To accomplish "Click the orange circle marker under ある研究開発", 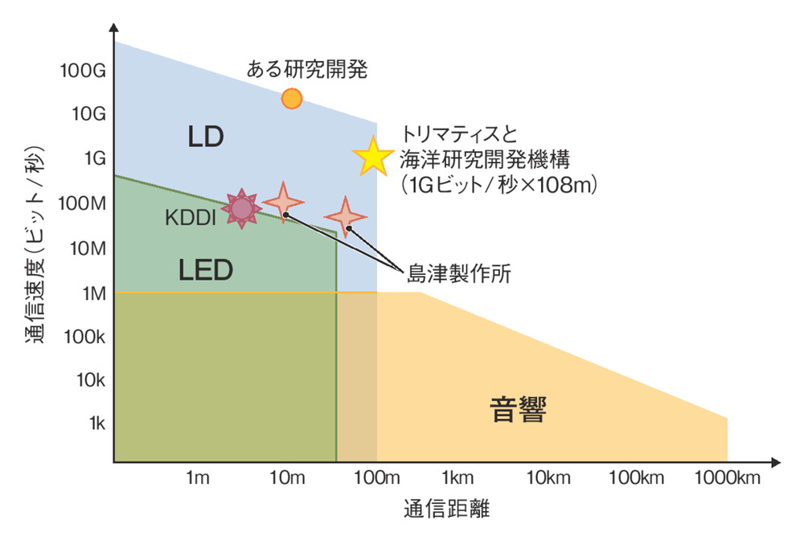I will click(x=292, y=98).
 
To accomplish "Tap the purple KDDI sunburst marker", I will click(x=241, y=209).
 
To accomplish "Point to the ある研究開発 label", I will click(x=306, y=70).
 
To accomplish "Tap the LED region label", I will click(x=205, y=270).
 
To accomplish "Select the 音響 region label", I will click(x=519, y=411).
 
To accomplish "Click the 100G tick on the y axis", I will click(x=83, y=71).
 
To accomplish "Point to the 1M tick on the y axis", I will click(x=91, y=293).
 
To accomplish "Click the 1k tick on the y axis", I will click(x=95, y=423).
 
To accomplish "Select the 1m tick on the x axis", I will click(x=198, y=479).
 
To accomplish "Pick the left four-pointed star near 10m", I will click(x=283, y=201).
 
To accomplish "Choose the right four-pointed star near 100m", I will click(x=346, y=216).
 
